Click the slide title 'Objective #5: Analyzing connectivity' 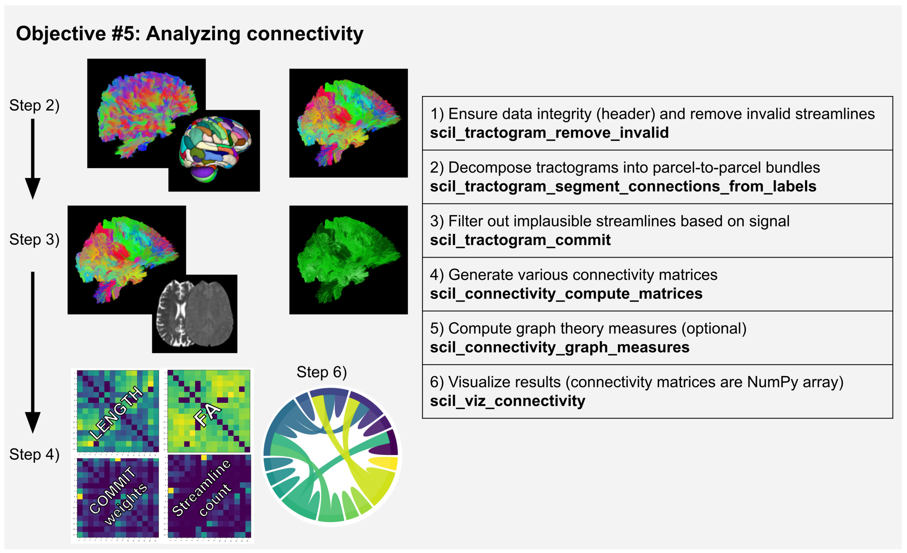point(190,34)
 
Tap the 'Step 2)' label point(34,106)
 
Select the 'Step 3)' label point(34,240)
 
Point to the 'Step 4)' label point(34,454)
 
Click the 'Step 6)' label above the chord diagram point(322,372)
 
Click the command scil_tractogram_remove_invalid point(549,133)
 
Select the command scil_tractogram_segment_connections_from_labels point(623,186)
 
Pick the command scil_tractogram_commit point(520,240)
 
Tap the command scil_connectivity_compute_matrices point(566,294)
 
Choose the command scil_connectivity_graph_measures point(559,347)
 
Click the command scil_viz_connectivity point(507,401)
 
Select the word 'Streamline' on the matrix point(201,487)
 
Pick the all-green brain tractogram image point(348,260)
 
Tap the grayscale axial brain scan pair point(195,313)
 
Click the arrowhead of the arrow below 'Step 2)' point(33,188)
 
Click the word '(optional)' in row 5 point(714,328)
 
